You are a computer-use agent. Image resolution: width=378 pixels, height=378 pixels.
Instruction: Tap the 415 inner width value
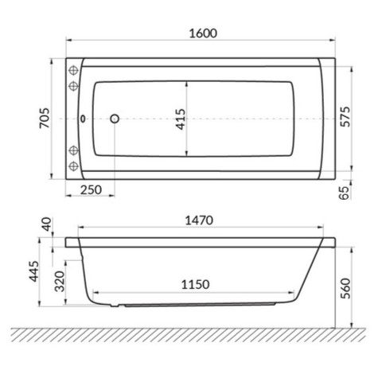tap(180, 119)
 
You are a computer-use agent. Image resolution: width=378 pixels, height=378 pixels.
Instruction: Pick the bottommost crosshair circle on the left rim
tap(75, 166)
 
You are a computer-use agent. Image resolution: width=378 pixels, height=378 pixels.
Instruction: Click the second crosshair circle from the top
tap(75, 84)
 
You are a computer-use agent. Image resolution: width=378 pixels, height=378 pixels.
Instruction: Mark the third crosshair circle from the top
tap(75, 150)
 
